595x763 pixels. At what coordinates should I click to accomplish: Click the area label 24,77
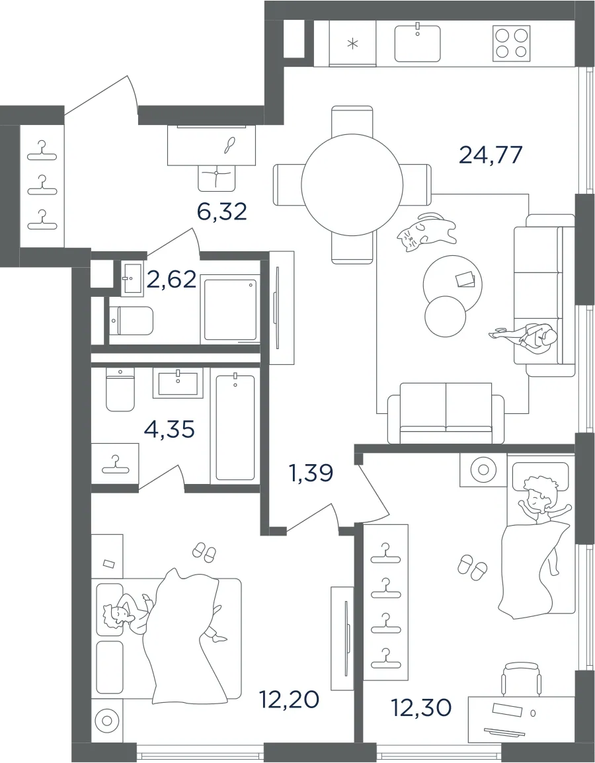(x=491, y=155)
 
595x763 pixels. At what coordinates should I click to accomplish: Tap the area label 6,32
(x=222, y=211)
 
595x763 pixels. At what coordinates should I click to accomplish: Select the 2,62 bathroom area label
(x=173, y=280)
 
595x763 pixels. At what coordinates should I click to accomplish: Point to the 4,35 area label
(x=170, y=429)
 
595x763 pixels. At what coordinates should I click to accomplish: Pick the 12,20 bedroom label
(x=289, y=700)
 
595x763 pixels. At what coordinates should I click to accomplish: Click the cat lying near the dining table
(x=426, y=233)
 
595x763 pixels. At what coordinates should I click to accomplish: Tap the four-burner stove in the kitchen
(x=511, y=44)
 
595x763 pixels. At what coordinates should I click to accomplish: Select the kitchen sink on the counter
(x=417, y=43)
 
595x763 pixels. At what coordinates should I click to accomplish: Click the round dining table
(x=352, y=184)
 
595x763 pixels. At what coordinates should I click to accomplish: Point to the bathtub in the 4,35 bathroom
(x=235, y=427)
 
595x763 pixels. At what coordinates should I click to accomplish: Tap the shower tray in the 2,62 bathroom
(x=229, y=309)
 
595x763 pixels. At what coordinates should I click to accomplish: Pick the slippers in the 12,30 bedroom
(x=472, y=567)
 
